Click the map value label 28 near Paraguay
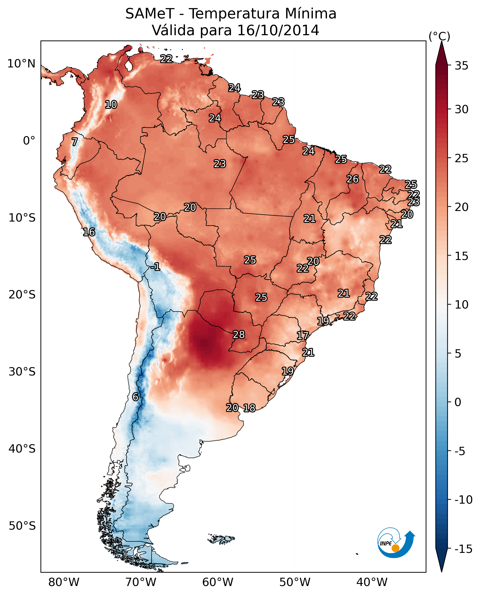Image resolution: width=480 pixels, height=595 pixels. pyautogui.click(x=239, y=335)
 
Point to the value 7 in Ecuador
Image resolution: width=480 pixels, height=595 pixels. pyautogui.click(x=75, y=142)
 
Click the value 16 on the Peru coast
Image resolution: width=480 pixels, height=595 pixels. pyautogui.click(x=89, y=232)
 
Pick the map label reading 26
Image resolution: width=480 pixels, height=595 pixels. pyautogui.click(x=353, y=179)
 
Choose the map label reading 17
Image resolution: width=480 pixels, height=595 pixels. pyautogui.click(x=303, y=336)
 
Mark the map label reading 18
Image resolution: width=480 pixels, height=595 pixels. pyautogui.click(x=249, y=408)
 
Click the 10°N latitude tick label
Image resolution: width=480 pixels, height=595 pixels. pyautogui.click(x=21, y=64)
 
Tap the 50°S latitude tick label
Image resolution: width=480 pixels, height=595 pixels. pyautogui.click(x=22, y=526)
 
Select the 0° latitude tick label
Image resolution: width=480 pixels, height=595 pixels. pyautogui.click(x=29, y=141)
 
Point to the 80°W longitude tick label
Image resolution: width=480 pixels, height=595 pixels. pyautogui.click(x=64, y=582)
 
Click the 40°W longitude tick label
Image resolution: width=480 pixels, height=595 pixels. pyautogui.click(x=372, y=582)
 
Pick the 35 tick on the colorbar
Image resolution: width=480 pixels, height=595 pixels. pyautogui.click(x=461, y=66)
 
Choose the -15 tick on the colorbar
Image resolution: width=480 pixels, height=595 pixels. pyautogui.click(x=463, y=549)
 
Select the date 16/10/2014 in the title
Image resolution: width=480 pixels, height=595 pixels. pyautogui.click(x=278, y=30)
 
